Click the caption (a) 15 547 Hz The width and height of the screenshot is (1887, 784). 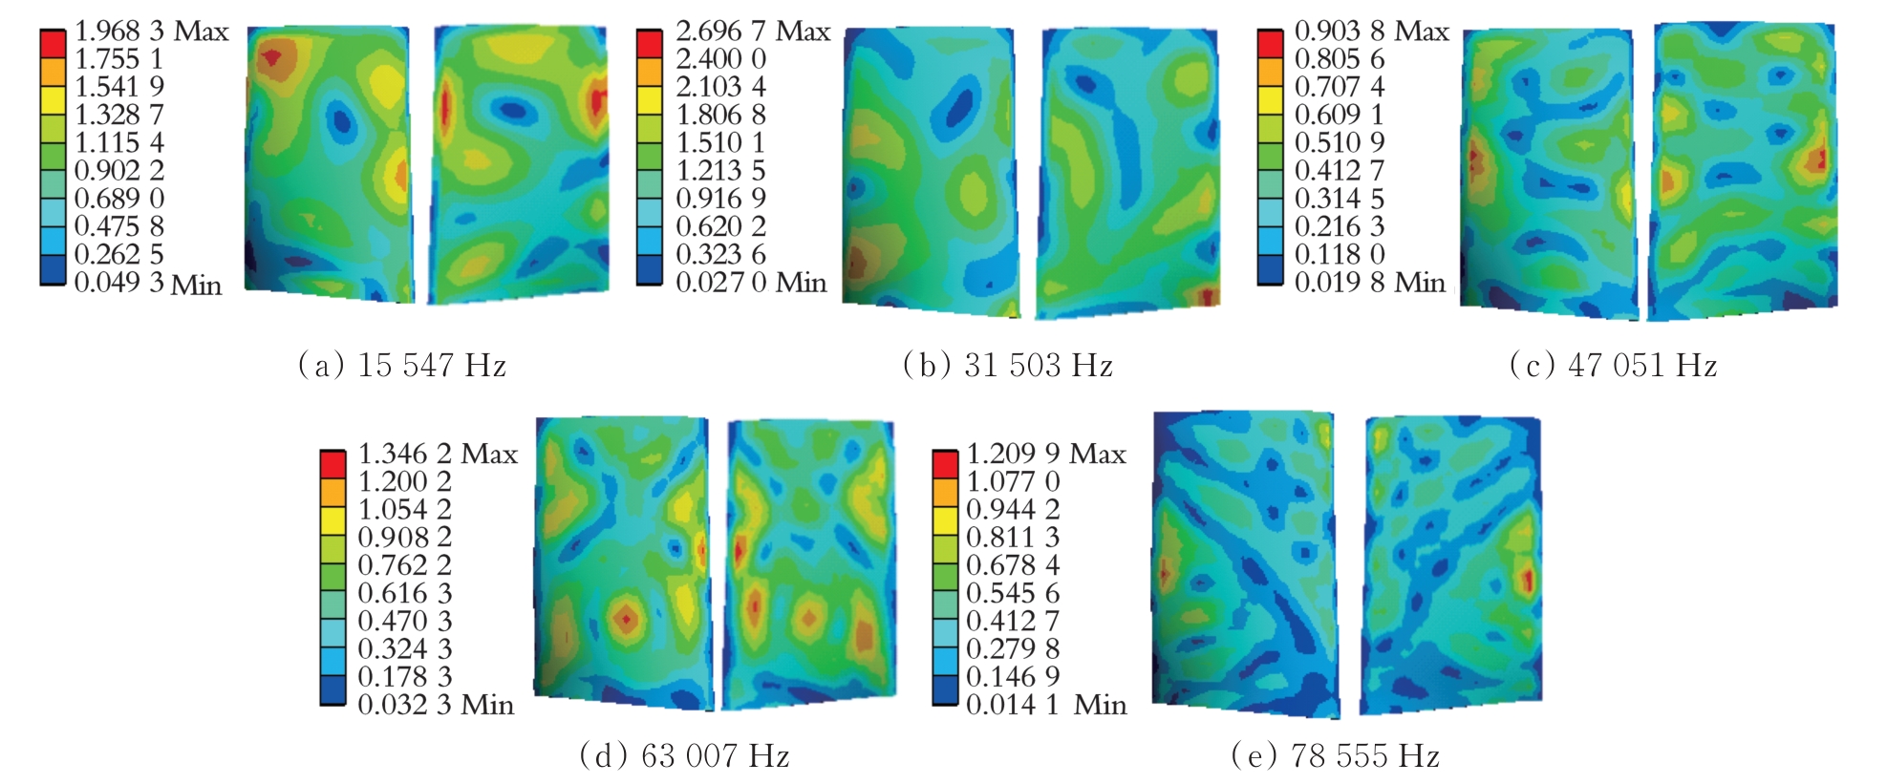click(x=402, y=365)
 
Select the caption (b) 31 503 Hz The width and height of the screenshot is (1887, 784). click(x=1008, y=365)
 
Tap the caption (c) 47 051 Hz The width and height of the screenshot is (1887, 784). click(x=1614, y=365)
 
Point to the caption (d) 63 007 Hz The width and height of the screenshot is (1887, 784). click(x=685, y=756)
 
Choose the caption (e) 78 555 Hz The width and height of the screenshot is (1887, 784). click(x=1336, y=756)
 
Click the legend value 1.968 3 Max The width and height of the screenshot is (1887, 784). click(x=152, y=32)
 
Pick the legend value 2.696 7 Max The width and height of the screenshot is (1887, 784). click(x=753, y=32)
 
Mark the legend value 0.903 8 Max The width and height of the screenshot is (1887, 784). click(x=1371, y=32)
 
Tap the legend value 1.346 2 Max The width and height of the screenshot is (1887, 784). click(x=438, y=454)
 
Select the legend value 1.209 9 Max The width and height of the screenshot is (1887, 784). click(x=1046, y=454)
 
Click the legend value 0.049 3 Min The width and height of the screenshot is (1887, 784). click(x=148, y=284)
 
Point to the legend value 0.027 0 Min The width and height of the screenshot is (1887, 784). click(x=751, y=283)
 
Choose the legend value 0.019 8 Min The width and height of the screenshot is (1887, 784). click(x=1369, y=283)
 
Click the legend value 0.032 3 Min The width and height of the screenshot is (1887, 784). click(x=436, y=705)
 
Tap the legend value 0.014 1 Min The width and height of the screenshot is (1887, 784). click(x=1046, y=705)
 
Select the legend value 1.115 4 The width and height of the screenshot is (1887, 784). click(x=119, y=143)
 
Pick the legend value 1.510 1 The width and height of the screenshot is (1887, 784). click(x=721, y=143)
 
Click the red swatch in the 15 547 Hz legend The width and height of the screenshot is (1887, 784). click(x=53, y=44)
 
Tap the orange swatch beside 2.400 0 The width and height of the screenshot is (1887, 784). click(x=650, y=72)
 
